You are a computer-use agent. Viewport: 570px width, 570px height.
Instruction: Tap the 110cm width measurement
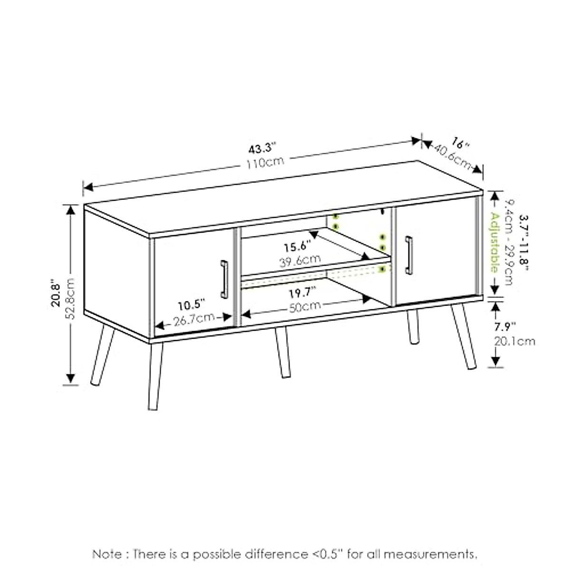click(x=265, y=163)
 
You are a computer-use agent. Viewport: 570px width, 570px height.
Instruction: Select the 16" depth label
click(x=460, y=142)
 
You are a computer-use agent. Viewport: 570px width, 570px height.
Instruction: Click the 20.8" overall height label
click(x=56, y=294)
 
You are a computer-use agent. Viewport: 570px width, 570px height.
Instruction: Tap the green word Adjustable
click(x=494, y=242)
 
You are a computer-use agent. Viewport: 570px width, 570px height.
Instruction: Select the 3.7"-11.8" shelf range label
click(x=523, y=242)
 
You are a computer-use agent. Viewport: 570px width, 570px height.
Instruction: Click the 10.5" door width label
click(x=192, y=304)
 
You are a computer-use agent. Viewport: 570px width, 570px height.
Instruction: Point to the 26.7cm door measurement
click(x=193, y=319)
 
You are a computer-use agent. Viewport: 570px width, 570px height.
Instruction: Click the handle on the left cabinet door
click(x=224, y=279)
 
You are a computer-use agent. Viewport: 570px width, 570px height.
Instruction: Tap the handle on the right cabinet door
click(x=408, y=255)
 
